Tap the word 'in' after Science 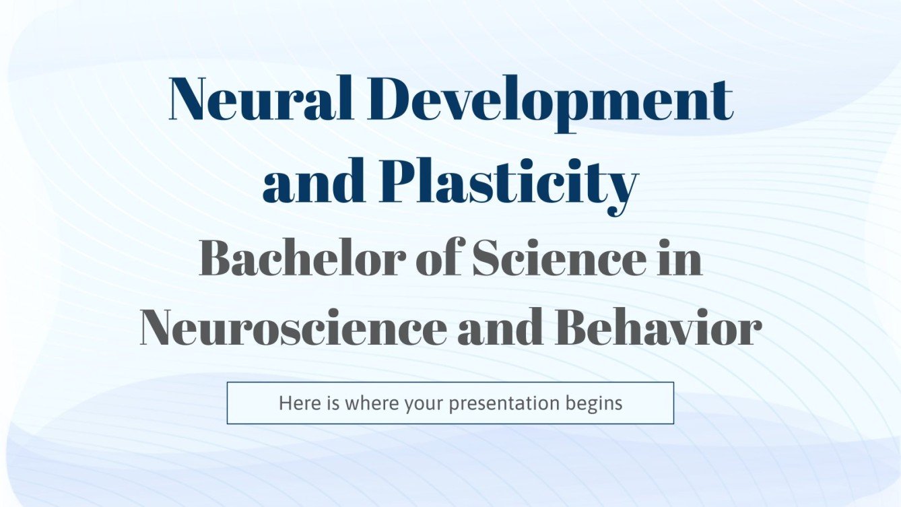click(681, 259)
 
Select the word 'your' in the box click(425, 403)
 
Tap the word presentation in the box click(504, 403)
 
